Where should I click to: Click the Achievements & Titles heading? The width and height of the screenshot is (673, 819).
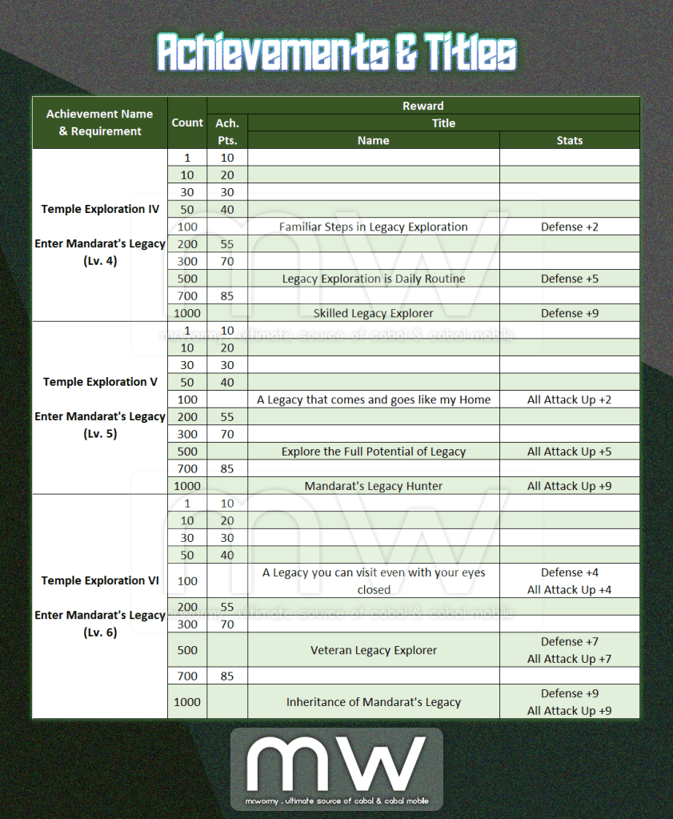[x=336, y=54]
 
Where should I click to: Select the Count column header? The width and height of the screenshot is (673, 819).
[x=187, y=122]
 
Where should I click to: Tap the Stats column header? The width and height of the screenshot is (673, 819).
[x=570, y=140]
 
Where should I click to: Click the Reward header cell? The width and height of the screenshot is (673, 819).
[x=423, y=106]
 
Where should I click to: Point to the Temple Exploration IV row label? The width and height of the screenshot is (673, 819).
[x=100, y=209]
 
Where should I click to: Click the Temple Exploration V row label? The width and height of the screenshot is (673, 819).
[x=100, y=382]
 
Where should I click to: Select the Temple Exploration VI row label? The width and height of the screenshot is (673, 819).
[x=100, y=580]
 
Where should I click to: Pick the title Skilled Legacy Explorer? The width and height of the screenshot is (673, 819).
[x=374, y=313]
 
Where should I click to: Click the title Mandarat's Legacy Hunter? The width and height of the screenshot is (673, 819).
[x=374, y=486]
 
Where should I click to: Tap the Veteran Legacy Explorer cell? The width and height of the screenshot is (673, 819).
[x=374, y=650]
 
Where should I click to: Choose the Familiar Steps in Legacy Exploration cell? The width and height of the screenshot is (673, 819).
[x=374, y=227]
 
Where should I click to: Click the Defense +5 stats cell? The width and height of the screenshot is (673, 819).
[x=570, y=279]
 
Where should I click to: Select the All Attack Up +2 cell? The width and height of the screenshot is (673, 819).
[x=570, y=399]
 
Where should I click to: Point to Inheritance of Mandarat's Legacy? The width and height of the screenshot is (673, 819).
[x=374, y=702]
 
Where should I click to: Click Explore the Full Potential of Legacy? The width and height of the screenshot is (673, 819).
[x=374, y=452]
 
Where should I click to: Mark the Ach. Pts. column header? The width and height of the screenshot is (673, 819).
[x=227, y=131]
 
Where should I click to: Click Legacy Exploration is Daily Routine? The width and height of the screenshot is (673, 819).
[x=374, y=279]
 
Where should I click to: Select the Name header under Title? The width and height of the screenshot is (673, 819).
[x=374, y=140]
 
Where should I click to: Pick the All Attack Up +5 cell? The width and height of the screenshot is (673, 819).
[x=570, y=452]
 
